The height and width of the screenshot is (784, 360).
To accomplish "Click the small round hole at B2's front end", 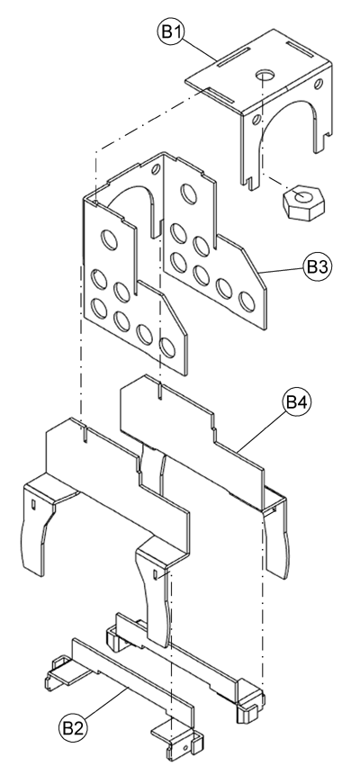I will [186, 746].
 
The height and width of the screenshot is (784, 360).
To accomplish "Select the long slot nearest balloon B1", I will [226, 63].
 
